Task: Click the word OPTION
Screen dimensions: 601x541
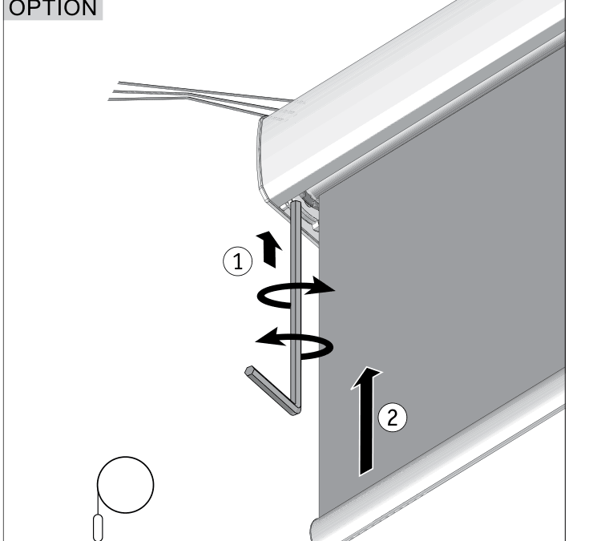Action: coord(53,8)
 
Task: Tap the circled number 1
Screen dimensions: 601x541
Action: coord(238,261)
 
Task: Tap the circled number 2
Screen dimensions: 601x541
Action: coord(393,418)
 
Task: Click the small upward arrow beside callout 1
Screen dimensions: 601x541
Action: coord(269,249)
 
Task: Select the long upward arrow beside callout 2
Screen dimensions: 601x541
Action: coord(366,421)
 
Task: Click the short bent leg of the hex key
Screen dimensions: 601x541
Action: coord(272,390)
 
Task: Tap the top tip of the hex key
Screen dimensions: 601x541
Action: coord(296,203)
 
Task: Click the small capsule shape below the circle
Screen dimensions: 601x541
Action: coord(98,528)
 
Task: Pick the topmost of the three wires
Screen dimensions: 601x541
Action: coord(205,91)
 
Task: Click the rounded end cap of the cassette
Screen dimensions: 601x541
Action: coord(268,161)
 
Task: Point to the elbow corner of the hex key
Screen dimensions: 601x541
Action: coord(296,410)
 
